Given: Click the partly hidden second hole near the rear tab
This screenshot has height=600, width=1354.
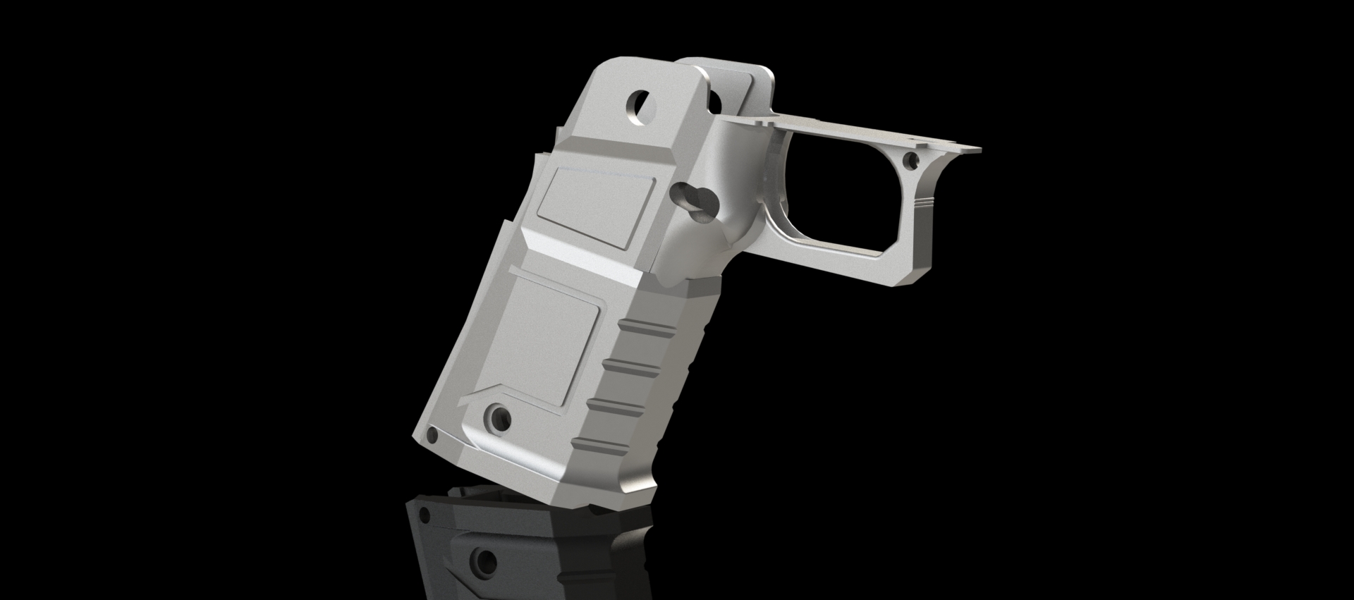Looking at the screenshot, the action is click(716, 101).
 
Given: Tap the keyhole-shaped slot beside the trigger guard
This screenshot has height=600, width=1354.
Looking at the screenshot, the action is click(695, 204).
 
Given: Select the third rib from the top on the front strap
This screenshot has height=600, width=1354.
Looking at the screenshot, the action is click(621, 404).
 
